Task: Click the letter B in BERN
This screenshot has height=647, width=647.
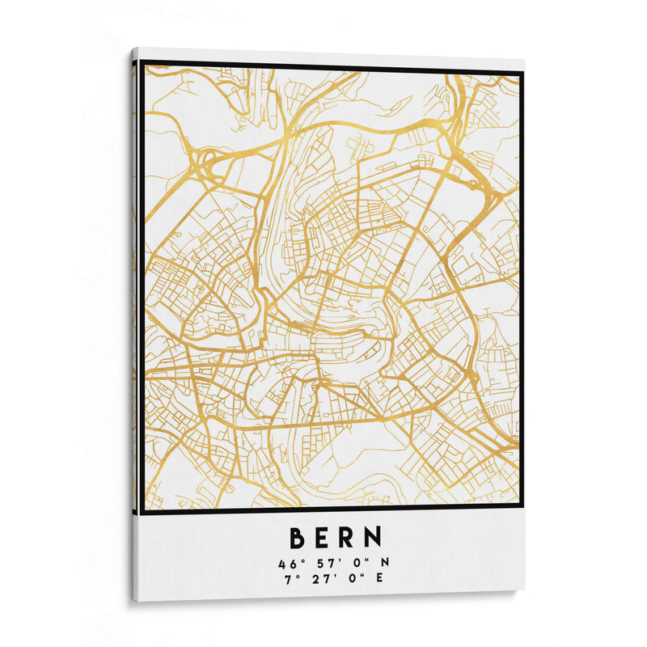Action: [x=297, y=538]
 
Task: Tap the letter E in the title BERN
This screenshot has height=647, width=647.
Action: [x=319, y=538]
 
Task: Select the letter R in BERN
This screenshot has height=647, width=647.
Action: [x=345, y=538]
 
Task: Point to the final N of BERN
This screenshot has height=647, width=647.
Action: [x=371, y=538]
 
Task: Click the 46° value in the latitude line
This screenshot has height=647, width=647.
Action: [x=288, y=561]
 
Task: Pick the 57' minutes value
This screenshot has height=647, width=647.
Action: [x=319, y=561]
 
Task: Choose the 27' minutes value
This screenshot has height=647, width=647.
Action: [x=319, y=577]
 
